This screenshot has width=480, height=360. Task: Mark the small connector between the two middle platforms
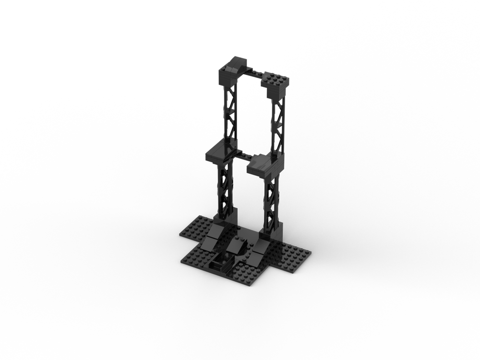click(243, 156)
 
